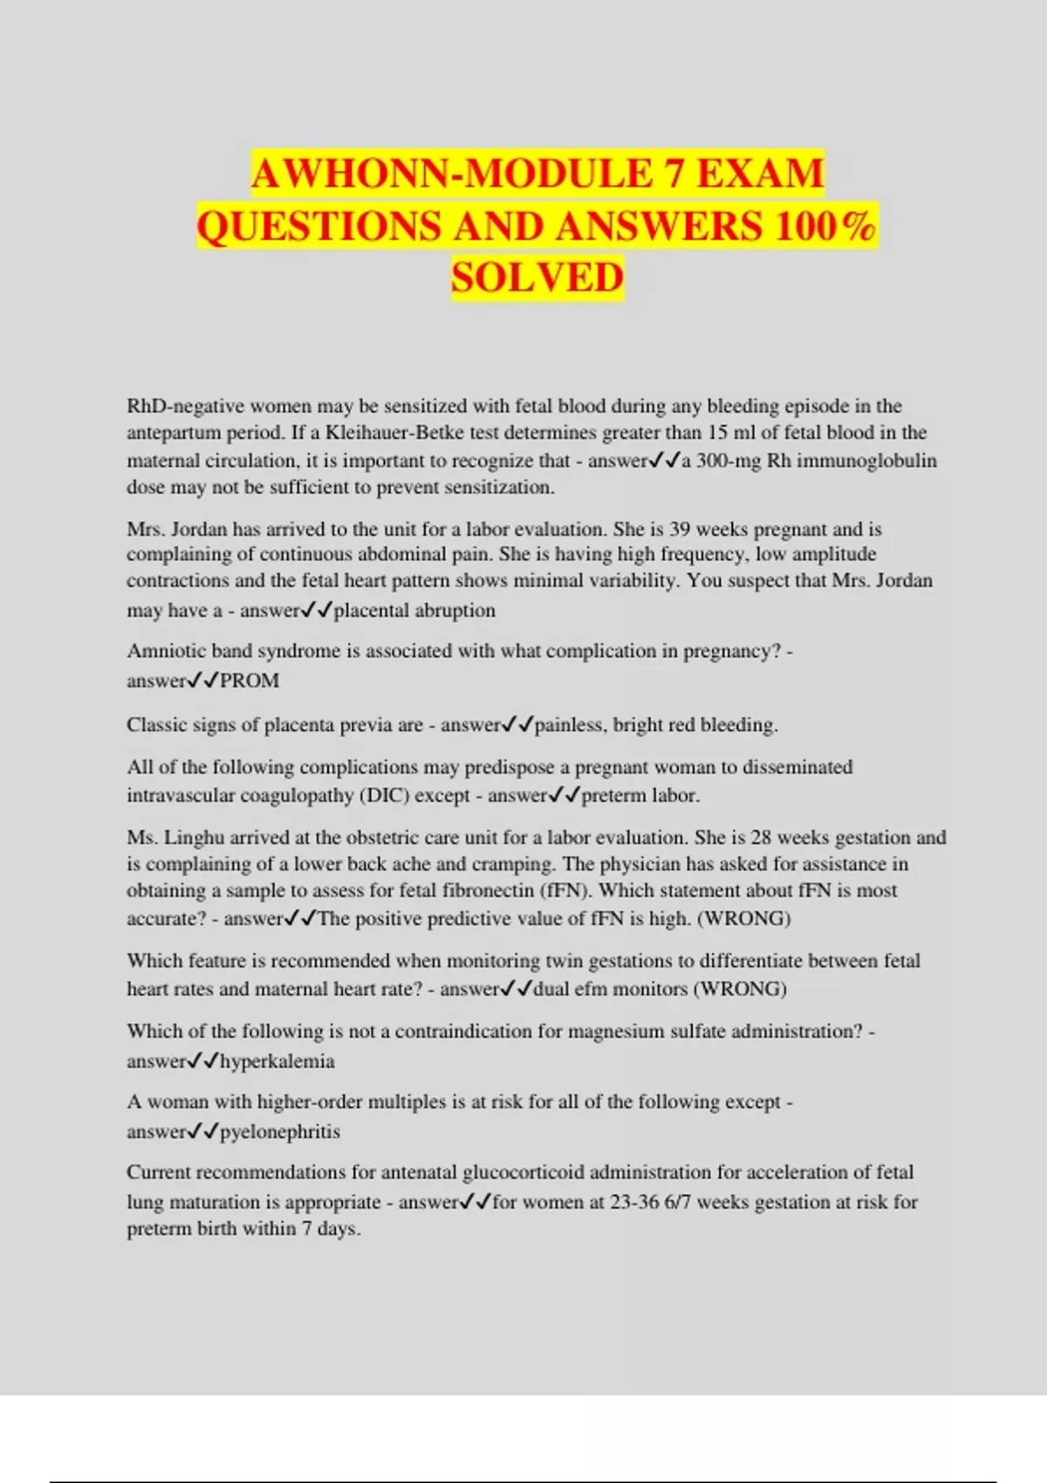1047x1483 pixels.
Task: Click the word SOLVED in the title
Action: pos(537,277)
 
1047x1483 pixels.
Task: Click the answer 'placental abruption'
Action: pos(414,611)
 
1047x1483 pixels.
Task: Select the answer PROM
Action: pos(250,681)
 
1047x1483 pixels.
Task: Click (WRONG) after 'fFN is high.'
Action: pos(743,919)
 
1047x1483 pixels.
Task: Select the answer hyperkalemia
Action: pos(277,1062)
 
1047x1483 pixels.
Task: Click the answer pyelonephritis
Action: pos(280,1132)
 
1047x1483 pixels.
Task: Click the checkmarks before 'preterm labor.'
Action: pos(565,796)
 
